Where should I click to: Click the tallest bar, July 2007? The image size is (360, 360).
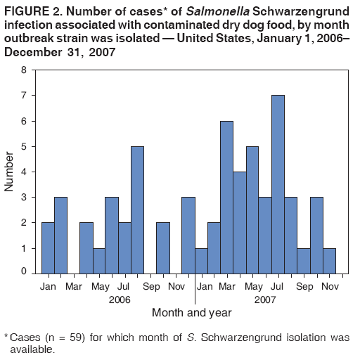point(278,184)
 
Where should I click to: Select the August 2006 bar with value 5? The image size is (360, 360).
point(137,209)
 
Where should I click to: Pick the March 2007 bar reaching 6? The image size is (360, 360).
point(226,196)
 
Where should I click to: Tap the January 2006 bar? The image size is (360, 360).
point(48,247)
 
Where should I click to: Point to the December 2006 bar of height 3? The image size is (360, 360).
point(188,234)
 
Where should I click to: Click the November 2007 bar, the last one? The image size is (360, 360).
point(329,259)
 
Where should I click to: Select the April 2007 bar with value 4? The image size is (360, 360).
point(239,221)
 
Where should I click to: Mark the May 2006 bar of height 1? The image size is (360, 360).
point(98,259)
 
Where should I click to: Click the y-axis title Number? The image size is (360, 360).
point(9,171)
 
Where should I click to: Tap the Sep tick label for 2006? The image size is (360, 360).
point(150,286)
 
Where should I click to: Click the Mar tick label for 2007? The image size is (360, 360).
point(226,286)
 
